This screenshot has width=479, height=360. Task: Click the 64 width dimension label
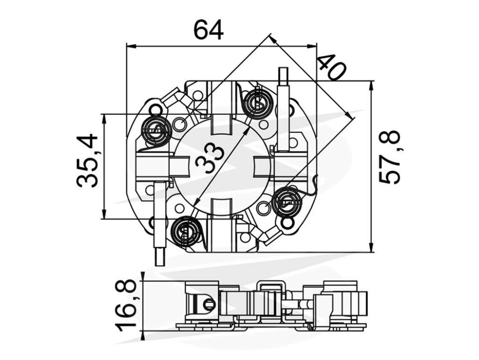[x=209, y=30]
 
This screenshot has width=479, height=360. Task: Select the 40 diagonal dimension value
[x=332, y=68]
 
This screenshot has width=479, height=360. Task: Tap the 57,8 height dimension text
[x=389, y=157]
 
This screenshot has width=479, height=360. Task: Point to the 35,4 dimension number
[x=87, y=161]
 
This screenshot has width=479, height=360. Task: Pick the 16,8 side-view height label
[x=125, y=305]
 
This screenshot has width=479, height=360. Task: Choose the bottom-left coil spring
[x=185, y=230]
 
